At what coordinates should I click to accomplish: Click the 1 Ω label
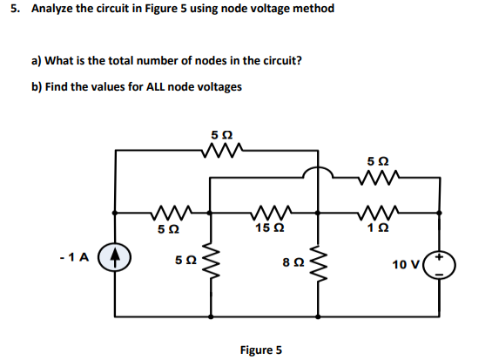pos(375,228)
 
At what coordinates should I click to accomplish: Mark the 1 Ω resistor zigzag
pos(375,211)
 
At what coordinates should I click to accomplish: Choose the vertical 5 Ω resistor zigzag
pos(210,261)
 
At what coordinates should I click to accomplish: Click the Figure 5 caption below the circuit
pos(260,350)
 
